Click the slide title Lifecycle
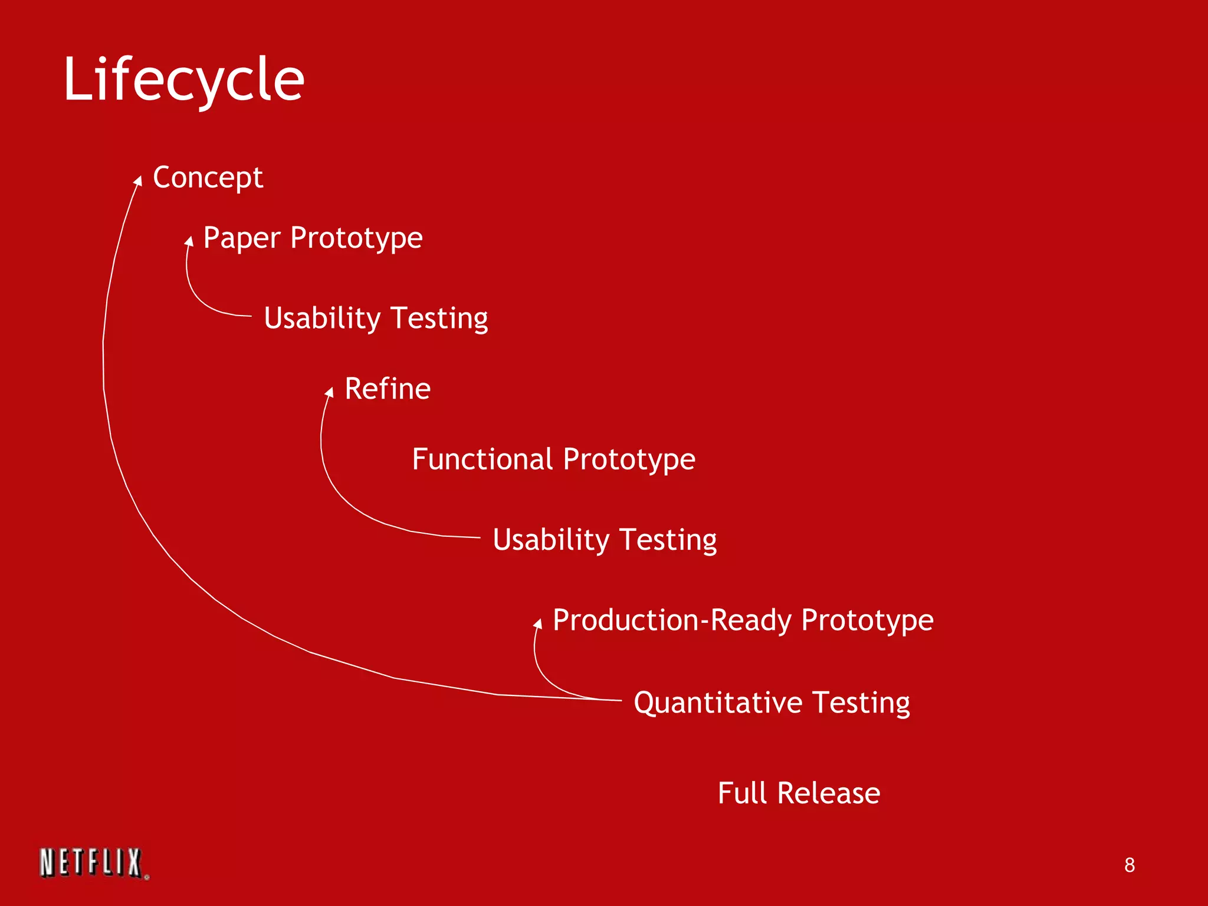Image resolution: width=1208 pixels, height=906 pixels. click(x=183, y=80)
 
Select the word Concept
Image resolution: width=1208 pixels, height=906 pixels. click(x=208, y=178)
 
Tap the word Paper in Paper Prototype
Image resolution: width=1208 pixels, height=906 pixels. click(x=242, y=238)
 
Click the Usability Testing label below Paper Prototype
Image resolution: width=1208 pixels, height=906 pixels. click(x=376, y=319)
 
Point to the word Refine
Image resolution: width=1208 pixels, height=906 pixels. click(x=388, y=389)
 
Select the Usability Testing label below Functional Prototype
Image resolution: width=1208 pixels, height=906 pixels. click(x=605, y=540)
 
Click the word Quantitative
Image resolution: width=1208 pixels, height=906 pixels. click(x=718, y=703)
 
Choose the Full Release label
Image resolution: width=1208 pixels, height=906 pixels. click(x=799, y=793)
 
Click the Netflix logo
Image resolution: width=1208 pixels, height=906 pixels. click(x=93, y=863)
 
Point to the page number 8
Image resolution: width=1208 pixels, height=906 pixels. click(x=1129, y=865)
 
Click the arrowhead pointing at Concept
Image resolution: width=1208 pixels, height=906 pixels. click(x=138, y=180)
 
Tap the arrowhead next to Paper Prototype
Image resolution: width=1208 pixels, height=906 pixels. click(x=189, y=241)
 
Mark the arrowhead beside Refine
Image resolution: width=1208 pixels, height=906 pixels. click(x=330, y=392)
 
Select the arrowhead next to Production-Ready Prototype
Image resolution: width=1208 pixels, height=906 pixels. click(x=538, y=623)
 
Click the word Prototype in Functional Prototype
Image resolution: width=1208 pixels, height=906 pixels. click(x=629, y=460)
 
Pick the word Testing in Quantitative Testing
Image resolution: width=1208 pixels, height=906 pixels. click(x=861, y=703)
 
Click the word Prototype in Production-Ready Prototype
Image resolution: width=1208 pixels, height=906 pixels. click(x=867, y=621)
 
